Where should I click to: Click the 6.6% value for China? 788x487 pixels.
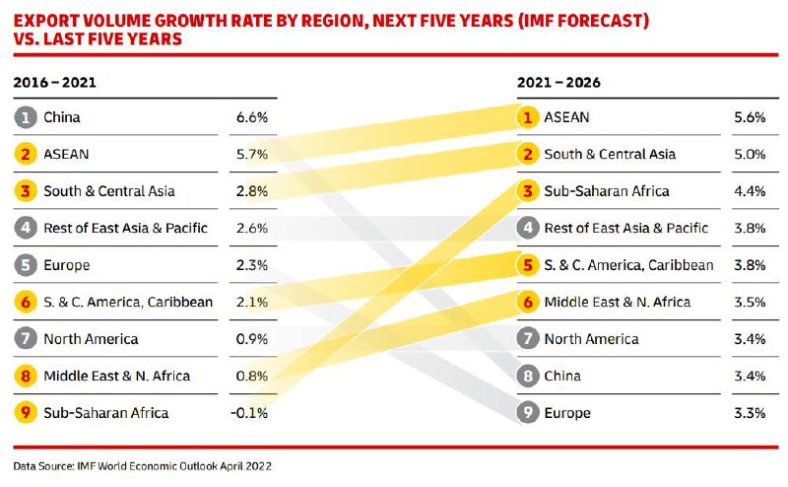coord(251,117)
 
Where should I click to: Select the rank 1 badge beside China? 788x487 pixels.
coord(25,117)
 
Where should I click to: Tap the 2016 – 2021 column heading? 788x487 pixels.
coord(54,82)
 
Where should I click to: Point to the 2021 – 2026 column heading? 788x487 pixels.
coord(558,82)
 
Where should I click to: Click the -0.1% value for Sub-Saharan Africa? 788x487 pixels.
coord(249,412)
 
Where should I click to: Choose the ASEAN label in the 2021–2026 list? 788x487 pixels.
coord(566,117)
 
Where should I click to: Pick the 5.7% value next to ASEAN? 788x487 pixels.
coord(251,154)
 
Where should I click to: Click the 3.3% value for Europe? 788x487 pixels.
coord(750,412)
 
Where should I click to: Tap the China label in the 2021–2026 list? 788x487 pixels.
coord(562,376)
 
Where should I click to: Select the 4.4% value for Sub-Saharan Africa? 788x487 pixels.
coord(750,191)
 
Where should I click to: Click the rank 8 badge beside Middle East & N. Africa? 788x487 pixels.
coord(25,376)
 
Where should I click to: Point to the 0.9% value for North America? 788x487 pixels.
coord(251,339)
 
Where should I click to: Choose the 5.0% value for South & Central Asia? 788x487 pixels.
coord(750,154)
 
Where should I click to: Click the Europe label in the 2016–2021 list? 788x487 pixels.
coord(66,265)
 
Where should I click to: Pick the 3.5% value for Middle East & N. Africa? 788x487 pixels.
coord(750,302)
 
